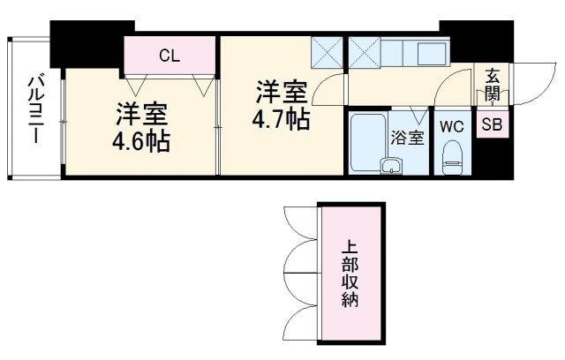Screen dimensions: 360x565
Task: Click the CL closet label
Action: [x=169, y=56]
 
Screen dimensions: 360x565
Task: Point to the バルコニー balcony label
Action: [x=36, y=110]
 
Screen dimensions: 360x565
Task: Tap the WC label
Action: [x=451, y=125]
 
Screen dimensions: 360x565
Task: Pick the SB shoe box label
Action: [x=492, y=125]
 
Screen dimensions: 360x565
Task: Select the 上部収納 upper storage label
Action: [x=351, y=274]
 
